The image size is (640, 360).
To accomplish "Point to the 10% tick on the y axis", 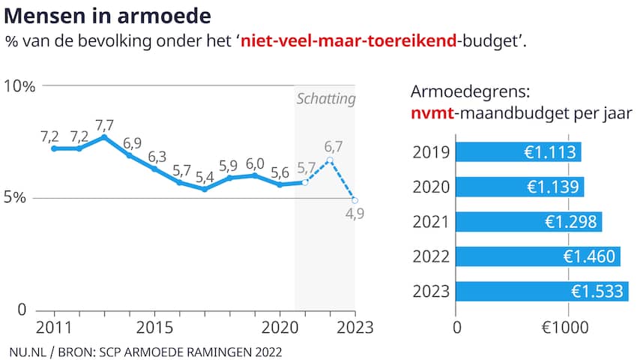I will coord(19,85).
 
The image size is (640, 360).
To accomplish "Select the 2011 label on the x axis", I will coord(53,327).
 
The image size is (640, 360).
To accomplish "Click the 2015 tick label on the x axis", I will coord(154,327).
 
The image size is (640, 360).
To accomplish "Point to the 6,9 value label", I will coord(133,142).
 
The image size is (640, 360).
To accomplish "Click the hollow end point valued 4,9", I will coord(354,200).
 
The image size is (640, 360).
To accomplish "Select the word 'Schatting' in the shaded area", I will coord(326,99).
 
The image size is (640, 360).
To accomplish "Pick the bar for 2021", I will coord(529,221).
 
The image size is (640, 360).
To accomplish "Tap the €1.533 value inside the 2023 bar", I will coord(597,291).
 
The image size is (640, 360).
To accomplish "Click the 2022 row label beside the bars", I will coord(431,256).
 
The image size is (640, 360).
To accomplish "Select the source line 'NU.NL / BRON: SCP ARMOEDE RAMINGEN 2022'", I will coord(146,350).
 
